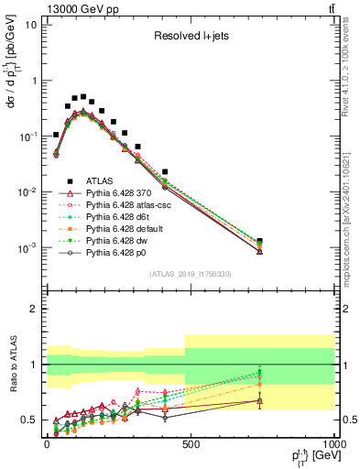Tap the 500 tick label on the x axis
[x=190, y=443]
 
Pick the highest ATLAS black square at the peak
[x=82, y=96]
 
